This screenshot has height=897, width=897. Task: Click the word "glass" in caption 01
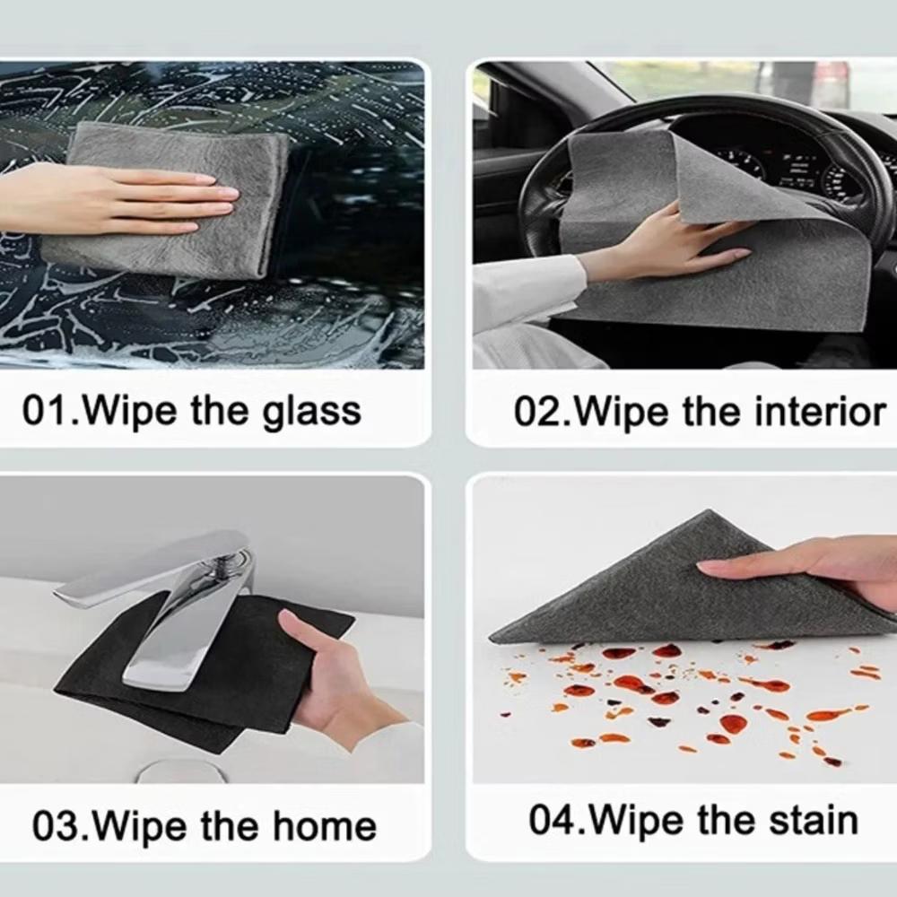(x=312, y=412)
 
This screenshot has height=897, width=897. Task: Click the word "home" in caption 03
(x=325, y=826)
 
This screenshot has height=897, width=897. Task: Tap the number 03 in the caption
(x=57, y=826)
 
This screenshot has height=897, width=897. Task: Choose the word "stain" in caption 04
(x=813, y=821)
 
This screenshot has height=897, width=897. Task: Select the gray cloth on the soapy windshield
(x=166, y=200)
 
